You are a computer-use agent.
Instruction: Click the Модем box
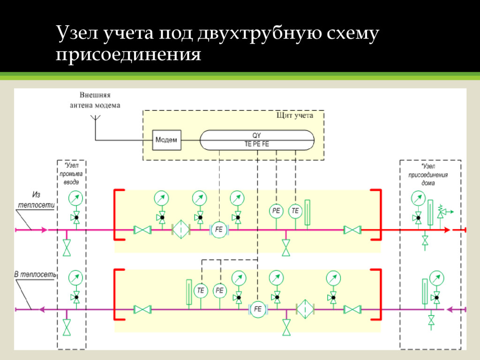click(x=166, y=140)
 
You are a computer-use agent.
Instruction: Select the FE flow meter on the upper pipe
click(x=219, y=230)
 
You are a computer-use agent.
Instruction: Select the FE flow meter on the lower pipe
click(x=257, y=309)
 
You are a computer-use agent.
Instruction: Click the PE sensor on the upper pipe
click(x=276, y=211)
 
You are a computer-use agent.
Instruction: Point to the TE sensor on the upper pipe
click(x=295, y=211)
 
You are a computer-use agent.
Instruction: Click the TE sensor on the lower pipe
click(x=201, y=291)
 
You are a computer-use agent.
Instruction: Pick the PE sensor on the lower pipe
click(x=219, y=291)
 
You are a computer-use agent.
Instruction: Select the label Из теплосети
click(x=37, y=200)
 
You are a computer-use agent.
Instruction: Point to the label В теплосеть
click(x=35, y=274)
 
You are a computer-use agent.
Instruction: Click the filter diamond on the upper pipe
click(x=181, y=230)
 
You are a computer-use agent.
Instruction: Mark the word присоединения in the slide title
click(x=128, y=55)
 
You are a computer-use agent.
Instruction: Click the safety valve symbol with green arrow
click(x=442, y=212)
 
